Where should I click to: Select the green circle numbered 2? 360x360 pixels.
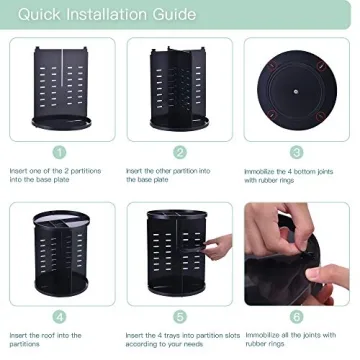tap(180, 152)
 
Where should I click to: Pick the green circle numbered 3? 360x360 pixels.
tap(297, 152)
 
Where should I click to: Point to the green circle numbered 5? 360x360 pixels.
tap(180, 315)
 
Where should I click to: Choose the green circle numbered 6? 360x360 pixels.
tap(297, 315)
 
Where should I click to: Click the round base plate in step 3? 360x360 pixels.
tap(297, 87)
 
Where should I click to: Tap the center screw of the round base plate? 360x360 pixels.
tap(297, 87)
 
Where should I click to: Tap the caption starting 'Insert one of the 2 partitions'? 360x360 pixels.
tap(54, 176)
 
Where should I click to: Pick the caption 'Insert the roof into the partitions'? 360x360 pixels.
tap(50, 339)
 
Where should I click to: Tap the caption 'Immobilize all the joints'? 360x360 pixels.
tap(293, 339)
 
